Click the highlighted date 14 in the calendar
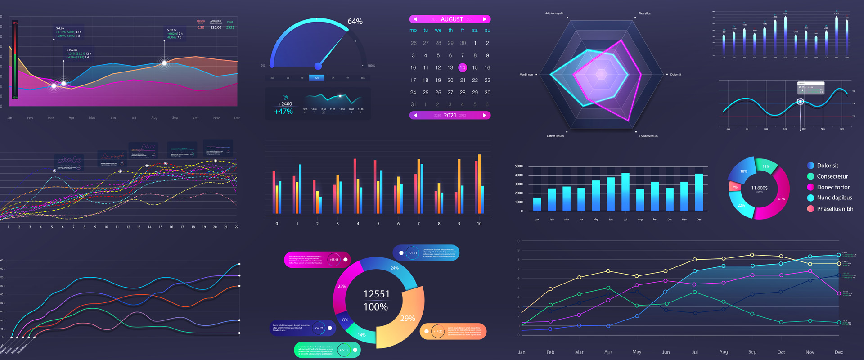pos(463,67)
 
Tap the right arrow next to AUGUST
pos(484,19)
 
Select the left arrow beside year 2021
pos(415,116)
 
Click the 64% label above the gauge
pos(355,22)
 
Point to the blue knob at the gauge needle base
pos(318,66)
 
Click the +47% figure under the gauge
pos(283,112)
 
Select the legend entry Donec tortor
pos(833,187)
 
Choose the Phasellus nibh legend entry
pos(835,209)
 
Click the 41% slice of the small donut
pos(781,198)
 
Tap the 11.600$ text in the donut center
pos(760,188)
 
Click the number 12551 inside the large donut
pos(376,294)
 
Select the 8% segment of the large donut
pos(345,319)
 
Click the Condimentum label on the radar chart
pos(648,136)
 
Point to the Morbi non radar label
pos(526,75)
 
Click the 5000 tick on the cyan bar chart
pos(519,166)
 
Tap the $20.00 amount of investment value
pos(216,27)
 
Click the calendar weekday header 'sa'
pos(475,31)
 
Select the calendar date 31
pos(413,104)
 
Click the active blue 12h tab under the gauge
pos(317,78)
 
